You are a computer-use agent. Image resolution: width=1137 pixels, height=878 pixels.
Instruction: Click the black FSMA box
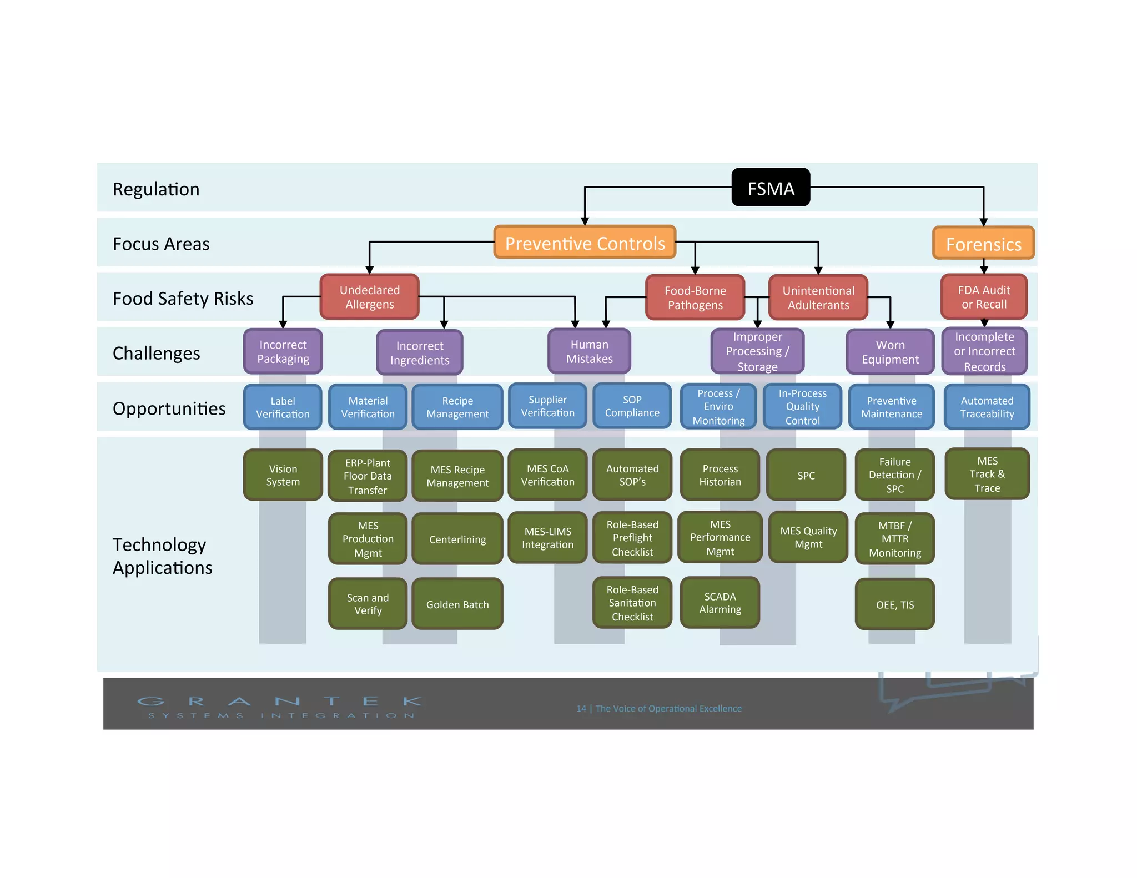[x=770, y=188]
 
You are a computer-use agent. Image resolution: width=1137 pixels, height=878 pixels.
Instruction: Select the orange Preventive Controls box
[x=585, y=243]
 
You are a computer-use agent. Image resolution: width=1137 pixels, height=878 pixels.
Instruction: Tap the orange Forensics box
[x=983, y=243]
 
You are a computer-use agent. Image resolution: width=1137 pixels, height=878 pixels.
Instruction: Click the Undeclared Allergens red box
[x=369, y=297]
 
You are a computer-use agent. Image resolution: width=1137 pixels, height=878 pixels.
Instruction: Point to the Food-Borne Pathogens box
[x=695, y=297]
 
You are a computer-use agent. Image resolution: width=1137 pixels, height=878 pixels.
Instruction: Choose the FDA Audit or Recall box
[x=983, y=297]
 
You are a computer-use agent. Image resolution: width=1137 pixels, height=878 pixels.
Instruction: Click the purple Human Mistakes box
[x=589, y=351]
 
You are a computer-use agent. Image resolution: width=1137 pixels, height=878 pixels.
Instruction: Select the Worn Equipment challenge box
[x=890, y=352]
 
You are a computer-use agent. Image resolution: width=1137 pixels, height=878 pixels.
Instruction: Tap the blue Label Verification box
[x=283, y=407]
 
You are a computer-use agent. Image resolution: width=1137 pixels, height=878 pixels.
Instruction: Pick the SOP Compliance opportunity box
[x=632, y=406]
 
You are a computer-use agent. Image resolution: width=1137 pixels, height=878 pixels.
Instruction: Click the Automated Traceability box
[x=987, y=407]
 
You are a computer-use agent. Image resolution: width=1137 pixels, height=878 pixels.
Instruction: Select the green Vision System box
[x=283, y=475]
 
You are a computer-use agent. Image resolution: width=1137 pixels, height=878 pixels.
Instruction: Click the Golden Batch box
[x=457, y=604]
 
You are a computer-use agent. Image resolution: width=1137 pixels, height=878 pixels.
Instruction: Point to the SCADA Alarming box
[x=720, y=603]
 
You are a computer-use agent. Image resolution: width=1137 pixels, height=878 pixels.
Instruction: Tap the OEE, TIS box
[x=894, y=604]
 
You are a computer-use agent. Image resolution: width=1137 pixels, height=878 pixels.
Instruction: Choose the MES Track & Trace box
[x=987, y=474]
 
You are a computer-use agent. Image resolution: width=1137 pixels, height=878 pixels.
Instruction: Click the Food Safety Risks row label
[x=183, y=298]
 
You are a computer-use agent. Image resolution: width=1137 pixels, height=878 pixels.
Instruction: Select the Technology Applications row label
[x=162, y=556]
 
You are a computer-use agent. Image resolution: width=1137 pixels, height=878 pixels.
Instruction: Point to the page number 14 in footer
[x=581, y=708]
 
